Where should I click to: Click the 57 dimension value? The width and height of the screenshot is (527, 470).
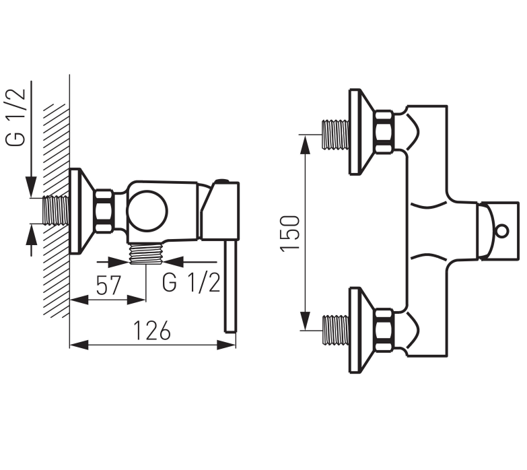point(108,285)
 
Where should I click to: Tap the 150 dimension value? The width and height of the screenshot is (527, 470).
point(289,234)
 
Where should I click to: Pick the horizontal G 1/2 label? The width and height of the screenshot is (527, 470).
point(191,282)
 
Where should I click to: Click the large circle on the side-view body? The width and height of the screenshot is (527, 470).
point(147,211)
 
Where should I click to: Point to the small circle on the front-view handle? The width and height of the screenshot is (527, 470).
point(502,232)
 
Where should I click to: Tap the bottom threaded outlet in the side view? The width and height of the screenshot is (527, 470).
point(146,253)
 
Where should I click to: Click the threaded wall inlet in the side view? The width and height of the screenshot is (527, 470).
point(56,211)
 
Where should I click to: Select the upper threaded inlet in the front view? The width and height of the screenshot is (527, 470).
point(335,135)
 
